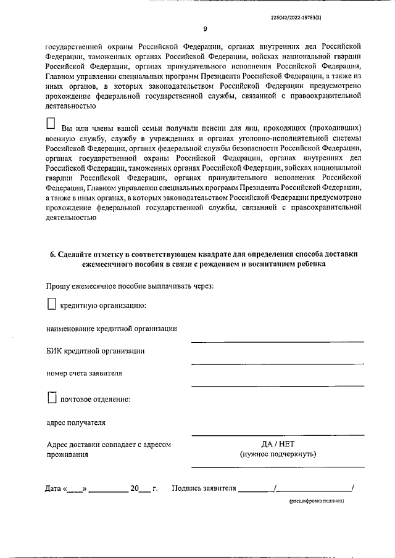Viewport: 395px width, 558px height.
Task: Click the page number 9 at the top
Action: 204,28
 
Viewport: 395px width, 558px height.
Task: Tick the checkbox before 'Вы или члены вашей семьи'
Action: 52,123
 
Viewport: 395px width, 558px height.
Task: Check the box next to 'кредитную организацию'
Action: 52,303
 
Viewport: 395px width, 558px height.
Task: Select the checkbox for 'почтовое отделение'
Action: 52,398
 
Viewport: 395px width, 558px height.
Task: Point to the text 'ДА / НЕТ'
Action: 278,443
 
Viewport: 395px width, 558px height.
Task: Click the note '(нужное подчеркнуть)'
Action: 278,454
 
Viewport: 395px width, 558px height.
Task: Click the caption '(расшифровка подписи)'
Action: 317,501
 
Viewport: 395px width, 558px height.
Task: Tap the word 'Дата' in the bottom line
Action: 53,489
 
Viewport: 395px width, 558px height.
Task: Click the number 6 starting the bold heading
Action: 51,254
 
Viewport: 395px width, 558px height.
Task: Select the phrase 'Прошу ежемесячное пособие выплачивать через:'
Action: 130,285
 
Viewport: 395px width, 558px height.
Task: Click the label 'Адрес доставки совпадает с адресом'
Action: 109,444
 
